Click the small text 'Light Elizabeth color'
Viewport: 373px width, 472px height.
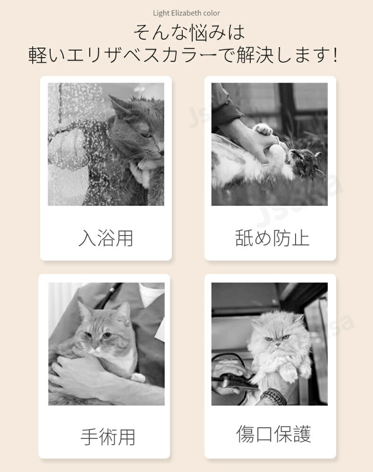(186, 13)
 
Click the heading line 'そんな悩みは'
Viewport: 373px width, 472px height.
(189, 33)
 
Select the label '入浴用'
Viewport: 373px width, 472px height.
(106, 238)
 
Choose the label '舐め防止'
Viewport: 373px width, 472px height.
(272, 238)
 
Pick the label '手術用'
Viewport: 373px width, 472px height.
(108, 437)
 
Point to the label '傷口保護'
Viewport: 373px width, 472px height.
(273, 434)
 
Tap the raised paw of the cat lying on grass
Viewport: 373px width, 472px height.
(263, 129)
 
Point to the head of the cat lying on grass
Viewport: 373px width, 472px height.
(305, 163)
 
